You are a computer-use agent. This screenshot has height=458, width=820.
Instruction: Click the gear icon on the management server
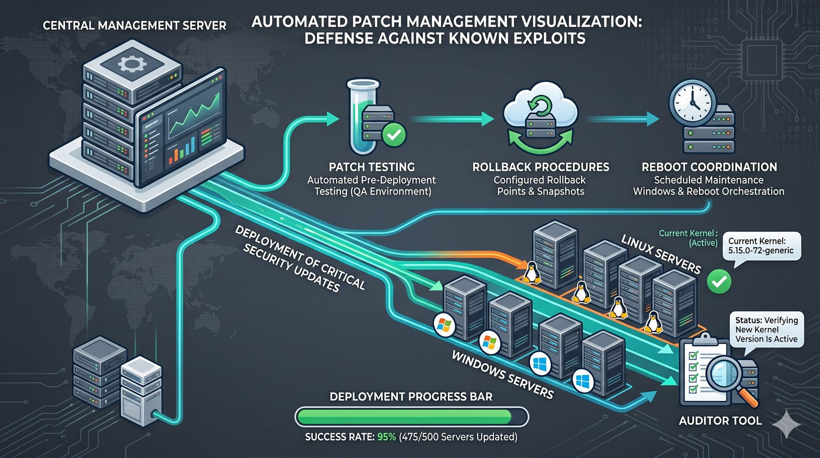132,64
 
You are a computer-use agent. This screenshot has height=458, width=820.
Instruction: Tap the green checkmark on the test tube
394,135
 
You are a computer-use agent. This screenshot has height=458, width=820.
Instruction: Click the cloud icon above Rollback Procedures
540,105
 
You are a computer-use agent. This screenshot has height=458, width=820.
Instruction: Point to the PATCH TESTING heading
372,167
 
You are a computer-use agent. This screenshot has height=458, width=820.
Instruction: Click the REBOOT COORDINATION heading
709,167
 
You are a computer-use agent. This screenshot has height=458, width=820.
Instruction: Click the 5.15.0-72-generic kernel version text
761,251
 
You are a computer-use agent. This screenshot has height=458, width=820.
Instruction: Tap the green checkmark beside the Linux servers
719,281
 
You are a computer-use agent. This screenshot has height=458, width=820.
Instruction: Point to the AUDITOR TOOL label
720,421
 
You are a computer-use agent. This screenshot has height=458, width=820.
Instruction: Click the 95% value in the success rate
386,437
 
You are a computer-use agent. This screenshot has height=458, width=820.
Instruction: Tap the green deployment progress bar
405,416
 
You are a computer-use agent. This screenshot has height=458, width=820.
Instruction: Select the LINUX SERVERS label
661,254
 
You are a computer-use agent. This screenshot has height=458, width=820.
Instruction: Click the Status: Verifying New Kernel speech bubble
766,330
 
